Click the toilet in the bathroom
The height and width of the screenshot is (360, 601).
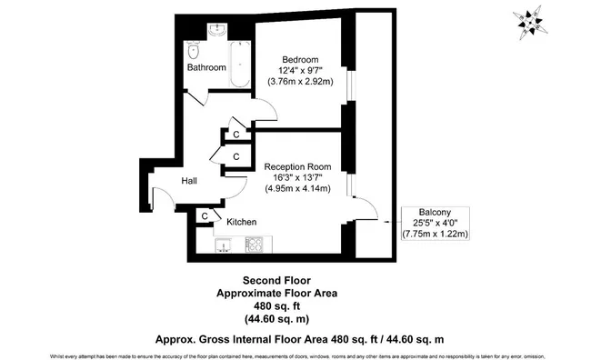point(194,51)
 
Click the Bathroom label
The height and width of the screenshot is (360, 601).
point(206,68)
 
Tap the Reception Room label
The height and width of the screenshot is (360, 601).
point(297,166)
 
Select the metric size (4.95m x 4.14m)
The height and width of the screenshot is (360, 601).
point(297,189)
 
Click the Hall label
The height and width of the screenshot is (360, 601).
point(189,182)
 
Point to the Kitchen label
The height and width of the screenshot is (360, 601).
point(241,222)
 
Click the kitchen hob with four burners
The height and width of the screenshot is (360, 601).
point(254,244)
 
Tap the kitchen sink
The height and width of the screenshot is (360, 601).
point(225,244)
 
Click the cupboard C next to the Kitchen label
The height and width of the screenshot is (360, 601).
point(205,216)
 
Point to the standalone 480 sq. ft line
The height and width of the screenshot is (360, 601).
point(276,306)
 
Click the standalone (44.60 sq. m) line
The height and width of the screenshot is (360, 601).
point(276,319)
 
